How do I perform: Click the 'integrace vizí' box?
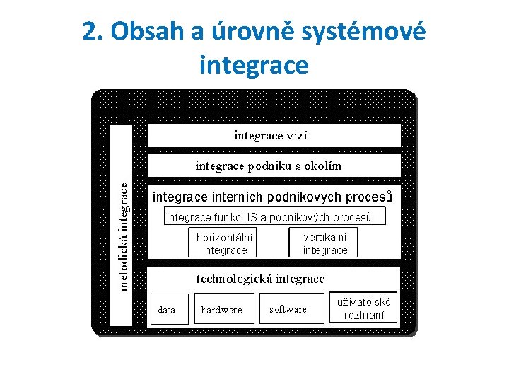[x=273, y=135]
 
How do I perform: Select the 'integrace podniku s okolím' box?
[x=273, y=166]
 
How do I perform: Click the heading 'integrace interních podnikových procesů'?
[x=273, y=196]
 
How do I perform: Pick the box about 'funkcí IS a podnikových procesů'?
[x=275, y=216]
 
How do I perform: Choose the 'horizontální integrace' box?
[x=224, y=243]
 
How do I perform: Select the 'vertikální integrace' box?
[x=324, y=243]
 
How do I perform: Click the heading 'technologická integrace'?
[x=259, y=279]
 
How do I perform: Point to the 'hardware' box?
[x=223, y=308]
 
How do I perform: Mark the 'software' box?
[x=290, y=308]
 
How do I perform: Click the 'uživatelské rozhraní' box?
[x=363, y=308]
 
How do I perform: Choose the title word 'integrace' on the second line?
[x=255, y=65]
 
